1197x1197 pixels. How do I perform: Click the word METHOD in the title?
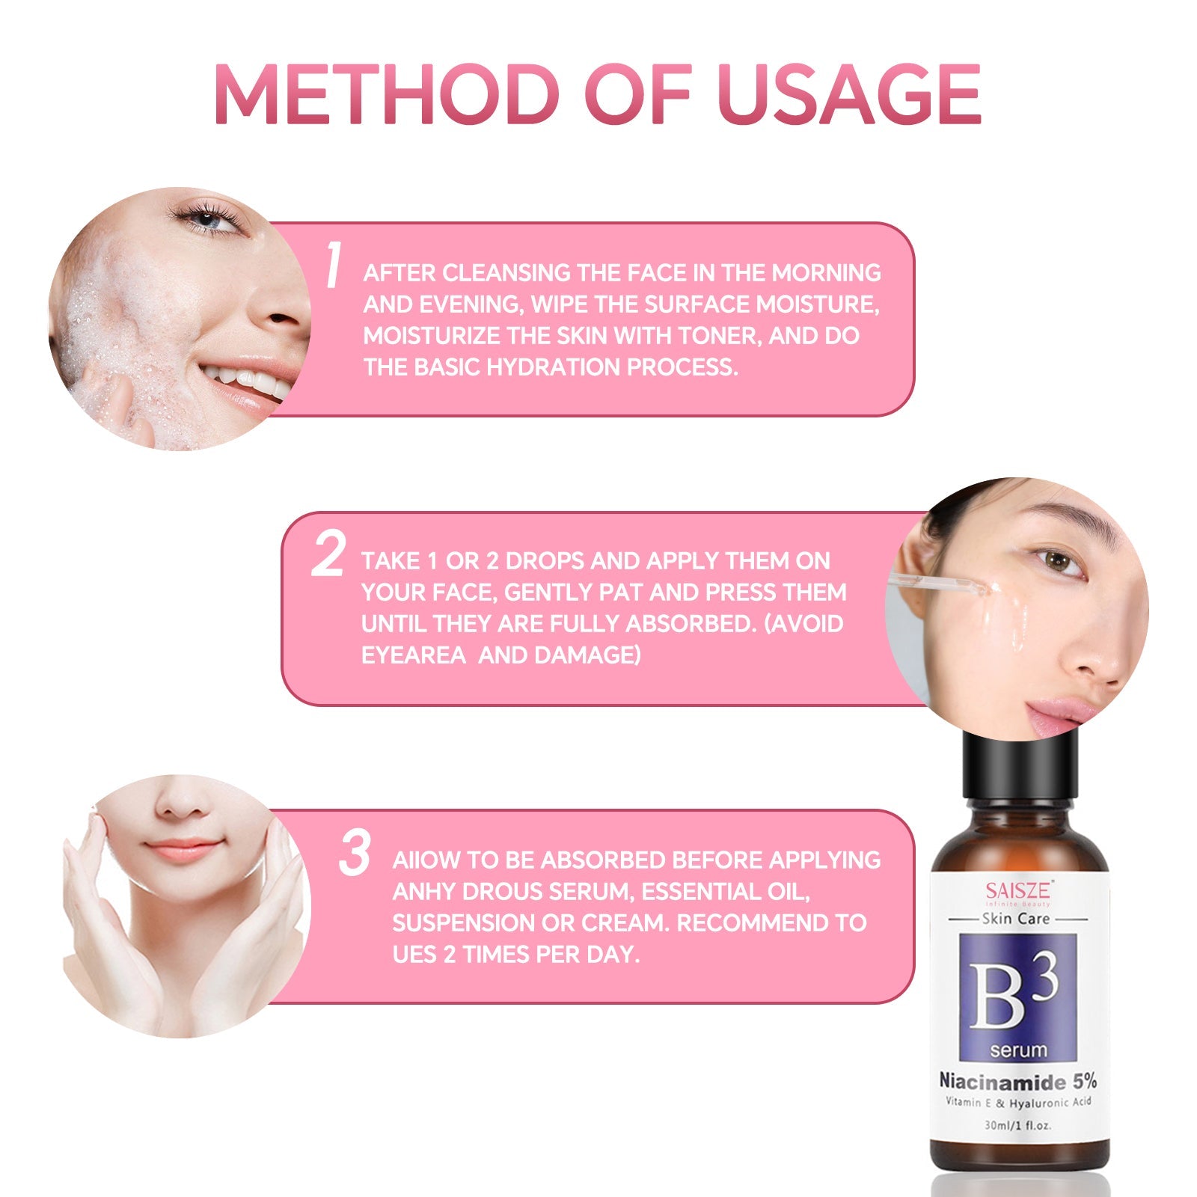(x=386, y=94)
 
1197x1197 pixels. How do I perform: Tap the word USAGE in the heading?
(x=848, y=94)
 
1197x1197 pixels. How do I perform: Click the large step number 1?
(x=334, y=265)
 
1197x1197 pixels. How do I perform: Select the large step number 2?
(x=328, y=554)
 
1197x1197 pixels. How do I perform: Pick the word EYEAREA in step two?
(x=413, y=655)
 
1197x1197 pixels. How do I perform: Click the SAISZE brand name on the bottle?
(x=1017, y=890)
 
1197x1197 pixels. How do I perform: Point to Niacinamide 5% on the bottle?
(x=1017, y=1081)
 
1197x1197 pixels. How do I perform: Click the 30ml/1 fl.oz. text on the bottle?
(x=1017, y=1125)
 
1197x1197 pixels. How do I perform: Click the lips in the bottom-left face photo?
(x=184, y=850)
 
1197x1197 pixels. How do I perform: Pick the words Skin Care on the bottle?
(x=1015, y=919)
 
